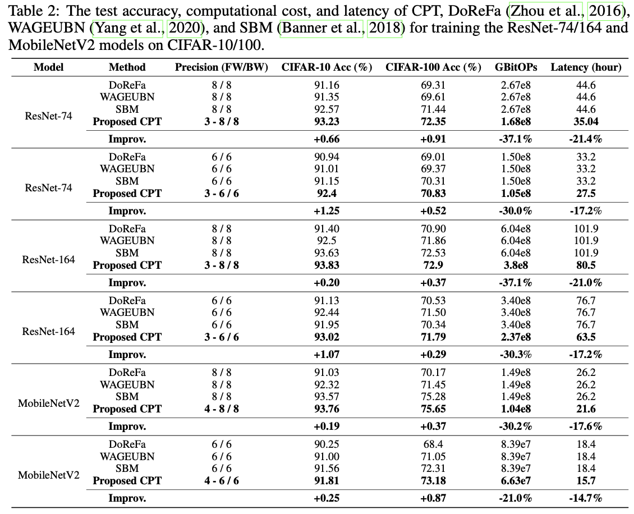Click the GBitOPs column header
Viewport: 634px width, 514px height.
(516, 67)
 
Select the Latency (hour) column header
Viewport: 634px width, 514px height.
(586, 67)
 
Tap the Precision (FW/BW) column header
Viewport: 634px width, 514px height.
(219, 67)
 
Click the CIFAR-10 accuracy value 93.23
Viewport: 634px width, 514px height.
(328, 121)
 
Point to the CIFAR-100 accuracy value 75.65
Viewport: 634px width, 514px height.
(433, 409)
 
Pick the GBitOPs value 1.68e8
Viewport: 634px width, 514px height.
(516, 121)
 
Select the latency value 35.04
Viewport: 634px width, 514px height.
(586, 121)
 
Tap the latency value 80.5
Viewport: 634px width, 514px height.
(586, 265)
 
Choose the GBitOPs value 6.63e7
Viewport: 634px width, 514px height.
(516, 481)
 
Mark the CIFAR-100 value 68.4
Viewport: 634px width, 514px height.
(433, 444)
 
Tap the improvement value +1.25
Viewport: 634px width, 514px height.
(328, 210)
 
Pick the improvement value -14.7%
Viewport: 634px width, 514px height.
(586, 498)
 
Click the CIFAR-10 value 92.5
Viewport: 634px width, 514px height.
(328, 240)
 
